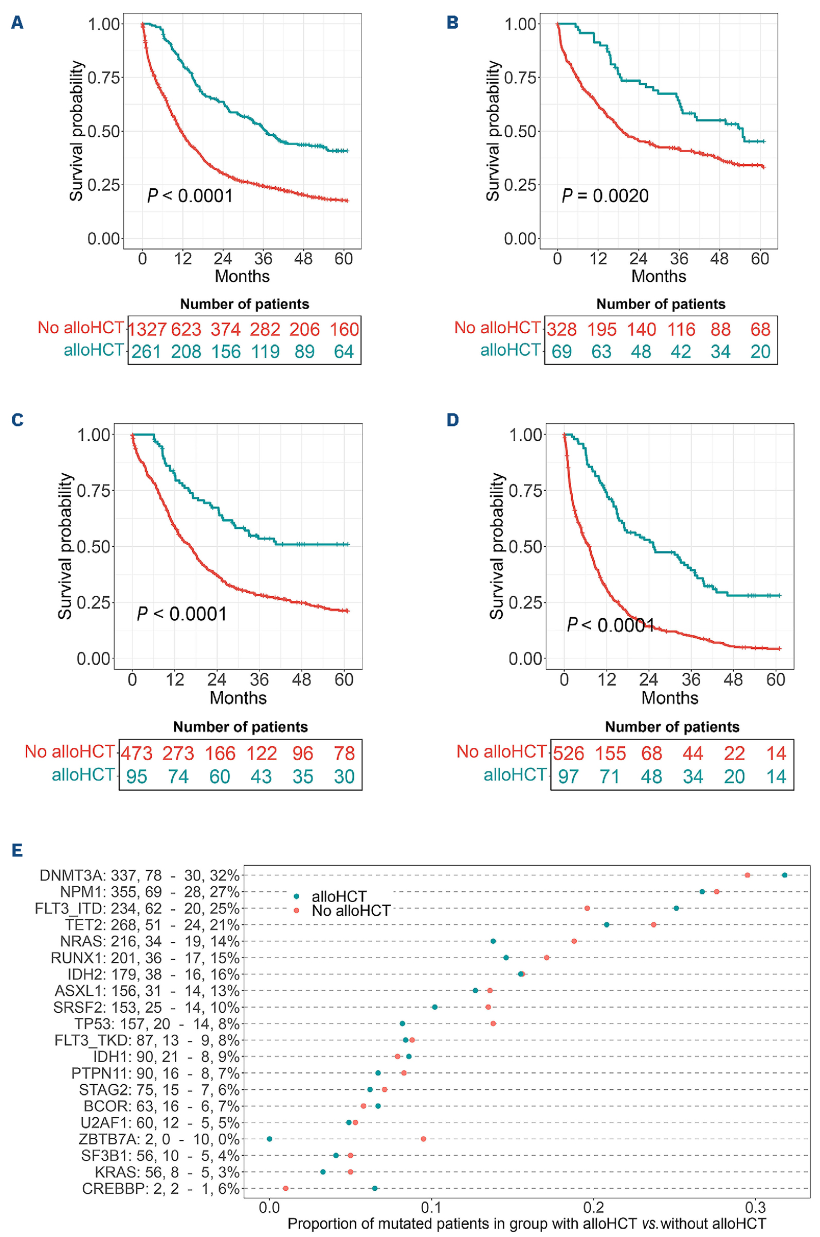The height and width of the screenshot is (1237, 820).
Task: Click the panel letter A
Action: pos(17,23)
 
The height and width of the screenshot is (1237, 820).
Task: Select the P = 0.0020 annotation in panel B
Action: pos(605,196)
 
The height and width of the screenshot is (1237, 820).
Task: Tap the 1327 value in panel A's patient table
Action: pos(147,330)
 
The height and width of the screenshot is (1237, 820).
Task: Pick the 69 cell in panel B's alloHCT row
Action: pos(561,351)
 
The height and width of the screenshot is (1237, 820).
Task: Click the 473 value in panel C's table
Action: pos(136,754)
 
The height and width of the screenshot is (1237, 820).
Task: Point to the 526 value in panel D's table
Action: pos(569,754)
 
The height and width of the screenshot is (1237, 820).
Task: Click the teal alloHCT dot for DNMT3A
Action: pos(785,875)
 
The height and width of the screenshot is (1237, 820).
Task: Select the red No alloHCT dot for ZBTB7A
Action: pos(423,1139)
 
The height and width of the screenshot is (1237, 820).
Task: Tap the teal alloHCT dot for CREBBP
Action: pos(374,1188)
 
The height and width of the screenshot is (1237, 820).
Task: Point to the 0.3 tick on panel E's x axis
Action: pos(755,1208)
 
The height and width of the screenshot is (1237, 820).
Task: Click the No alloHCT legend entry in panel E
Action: pos(351,911)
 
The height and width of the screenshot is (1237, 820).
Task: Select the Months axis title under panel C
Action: pos(238,698)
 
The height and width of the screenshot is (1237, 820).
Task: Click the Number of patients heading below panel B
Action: pos(661,304)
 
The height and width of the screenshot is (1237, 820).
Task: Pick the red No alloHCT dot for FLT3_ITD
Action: pos(587,908)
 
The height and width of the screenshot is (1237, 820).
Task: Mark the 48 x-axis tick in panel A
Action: pos(303,258)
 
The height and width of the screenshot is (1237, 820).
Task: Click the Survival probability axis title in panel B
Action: pos(493,131)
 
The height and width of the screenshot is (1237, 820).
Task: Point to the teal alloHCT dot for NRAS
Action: pos(493,941)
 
